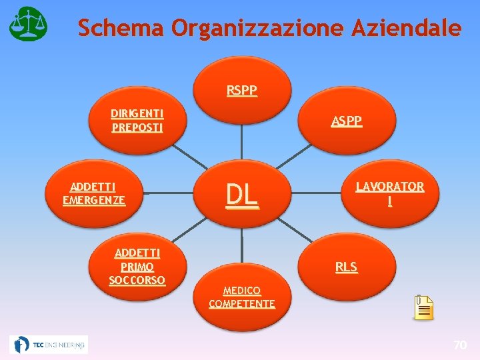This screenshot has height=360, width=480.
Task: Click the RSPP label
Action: [241, 90]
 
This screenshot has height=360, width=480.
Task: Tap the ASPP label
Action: [347, 121]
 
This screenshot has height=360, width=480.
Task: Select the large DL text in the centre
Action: [241, 194]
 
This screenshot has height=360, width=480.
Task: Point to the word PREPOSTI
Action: [137, 127]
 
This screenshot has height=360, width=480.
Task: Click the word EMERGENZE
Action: [94, 199]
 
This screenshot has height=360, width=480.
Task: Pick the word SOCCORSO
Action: [137, 279]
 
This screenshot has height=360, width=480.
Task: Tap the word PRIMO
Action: [137, 266]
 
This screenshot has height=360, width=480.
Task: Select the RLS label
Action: [346, 267]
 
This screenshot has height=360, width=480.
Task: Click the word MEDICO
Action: [241, 291]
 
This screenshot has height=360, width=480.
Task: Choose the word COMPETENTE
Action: [241, 304]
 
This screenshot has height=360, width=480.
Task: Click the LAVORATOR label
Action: [389, 186]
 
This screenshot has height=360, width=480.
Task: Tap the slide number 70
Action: [459, 345]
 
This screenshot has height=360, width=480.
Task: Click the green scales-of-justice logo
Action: [28, 23]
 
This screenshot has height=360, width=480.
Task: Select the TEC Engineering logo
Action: [49, 345]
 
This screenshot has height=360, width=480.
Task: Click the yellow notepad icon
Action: [423, 307]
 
